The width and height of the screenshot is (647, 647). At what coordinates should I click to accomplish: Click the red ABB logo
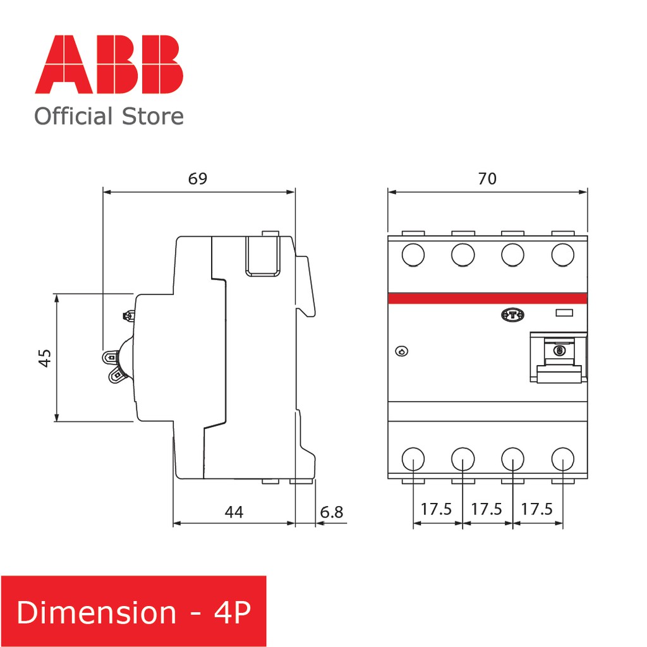[x=109, y=64]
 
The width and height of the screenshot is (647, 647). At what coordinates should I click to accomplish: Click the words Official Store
[x=109, y=116]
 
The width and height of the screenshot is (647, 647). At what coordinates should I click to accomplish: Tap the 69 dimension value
[x=198, y=178]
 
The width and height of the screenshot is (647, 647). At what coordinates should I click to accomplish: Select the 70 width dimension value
[x=487, y=178]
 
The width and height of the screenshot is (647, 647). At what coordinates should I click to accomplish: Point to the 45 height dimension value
[x=45, y=358]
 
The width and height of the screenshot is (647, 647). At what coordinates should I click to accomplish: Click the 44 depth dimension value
[x=234, y=512]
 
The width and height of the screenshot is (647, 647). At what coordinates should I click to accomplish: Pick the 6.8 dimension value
[x=332, y=512]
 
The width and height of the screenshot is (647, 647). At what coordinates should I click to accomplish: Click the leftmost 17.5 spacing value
[x=437, y=509]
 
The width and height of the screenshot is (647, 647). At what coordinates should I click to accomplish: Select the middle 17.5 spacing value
[x=487, y=509]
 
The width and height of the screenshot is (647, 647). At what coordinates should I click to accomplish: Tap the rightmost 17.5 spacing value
[x=538, y=509]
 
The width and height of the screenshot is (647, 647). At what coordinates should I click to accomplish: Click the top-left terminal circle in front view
[x=413, y=255]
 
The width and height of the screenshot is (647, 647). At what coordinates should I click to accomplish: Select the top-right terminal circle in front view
[x=562, y=255]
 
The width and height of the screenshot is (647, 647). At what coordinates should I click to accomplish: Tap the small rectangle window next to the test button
[x=563, y=313]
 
